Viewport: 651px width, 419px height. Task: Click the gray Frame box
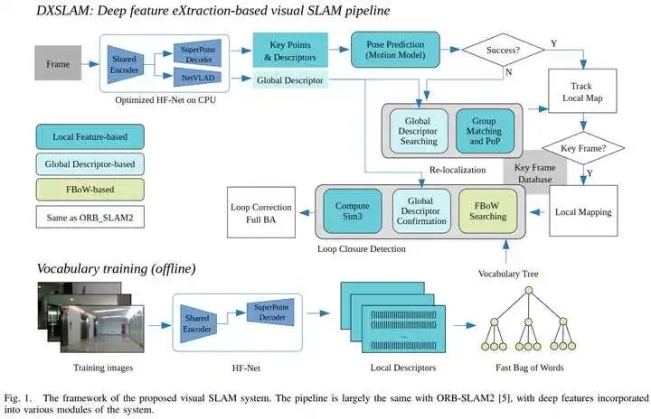pyautogui.click(x=58, y=63)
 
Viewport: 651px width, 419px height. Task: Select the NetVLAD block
pyautogui.click(x=198, y=78)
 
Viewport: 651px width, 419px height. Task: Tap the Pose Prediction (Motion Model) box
pyautogui.click(x=395, y=50)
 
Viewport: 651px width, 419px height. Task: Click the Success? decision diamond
pyautogui.click(x=503, y=51)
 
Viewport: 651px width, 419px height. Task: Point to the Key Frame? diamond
pyautogui.click(x=583, y=148)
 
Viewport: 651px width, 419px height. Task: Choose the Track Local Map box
pyautogui.click(x=582, y=91)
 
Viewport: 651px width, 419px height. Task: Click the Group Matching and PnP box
pyautogui.click(x=485, y=131)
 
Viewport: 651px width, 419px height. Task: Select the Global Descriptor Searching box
pyautogui.click(x=419, y=131)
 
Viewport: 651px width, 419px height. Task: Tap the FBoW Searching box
pyautogui.click(x=488, y=211)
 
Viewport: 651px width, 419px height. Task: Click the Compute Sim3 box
pyautogui.click(x=353, y=211)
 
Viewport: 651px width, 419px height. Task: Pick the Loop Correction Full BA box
pyautogui.click(x=261, y=212)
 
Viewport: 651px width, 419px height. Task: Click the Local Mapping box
pyautogui.click(x=583, y=211)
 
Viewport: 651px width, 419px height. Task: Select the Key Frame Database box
pyautogui.click(x=534, y=172)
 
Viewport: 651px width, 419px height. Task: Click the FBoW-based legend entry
pyautogui.click(x=90, y=190)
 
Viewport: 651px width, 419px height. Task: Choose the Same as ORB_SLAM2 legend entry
pyautogui.click(x=90, y=217)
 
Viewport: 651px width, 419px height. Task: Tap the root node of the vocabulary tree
pyautogui.click(x=528, y=291)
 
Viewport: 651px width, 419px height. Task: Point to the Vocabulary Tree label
pyautogui.click(x=508, y=274)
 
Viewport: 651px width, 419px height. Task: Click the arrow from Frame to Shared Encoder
pyautogui.click(x=90, y=64)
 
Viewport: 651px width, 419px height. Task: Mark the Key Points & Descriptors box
pyautogui.click(x=290, y=51)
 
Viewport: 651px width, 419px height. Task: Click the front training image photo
pyautogui.click(x=102, y=329)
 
